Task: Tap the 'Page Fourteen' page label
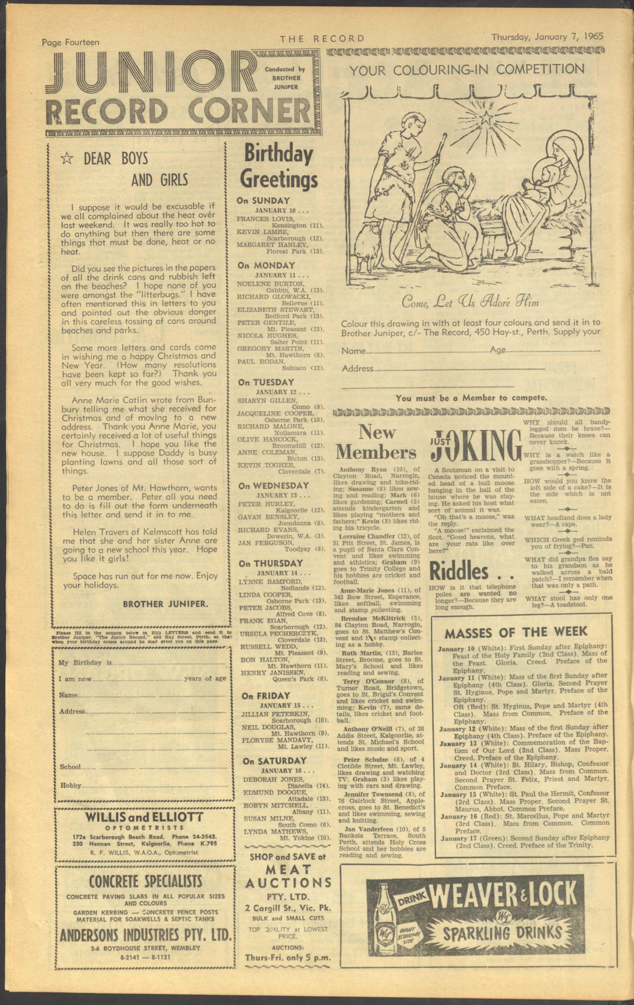[x=71, y=42]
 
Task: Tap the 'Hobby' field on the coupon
[x=71, y=785]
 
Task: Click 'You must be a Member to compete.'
[x=472, y=398]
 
